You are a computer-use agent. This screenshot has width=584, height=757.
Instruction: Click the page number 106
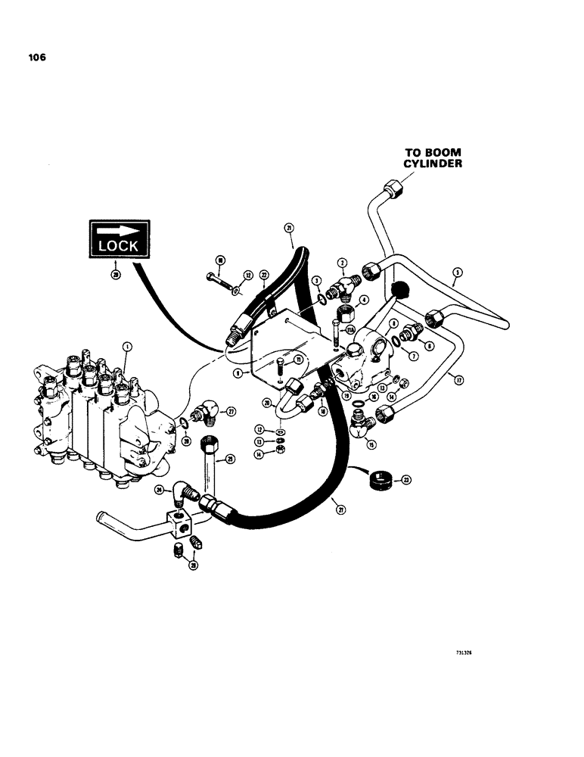pos(35,57)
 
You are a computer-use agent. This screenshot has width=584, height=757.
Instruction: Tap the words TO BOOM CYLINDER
pos(432,157)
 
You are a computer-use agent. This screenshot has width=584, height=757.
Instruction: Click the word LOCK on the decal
pos(117,245)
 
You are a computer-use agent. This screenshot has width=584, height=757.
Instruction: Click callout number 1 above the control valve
pos(127,347)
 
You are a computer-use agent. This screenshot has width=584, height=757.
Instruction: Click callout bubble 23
pos(406,479)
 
